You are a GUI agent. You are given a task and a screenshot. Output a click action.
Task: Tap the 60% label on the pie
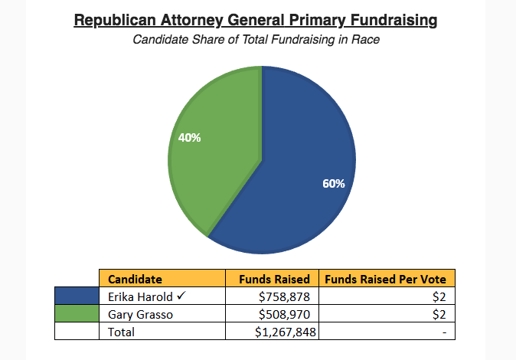[334, 184]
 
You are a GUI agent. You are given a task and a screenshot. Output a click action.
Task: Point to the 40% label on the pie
[189, 138]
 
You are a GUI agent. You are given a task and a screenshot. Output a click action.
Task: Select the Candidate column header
[135, 279]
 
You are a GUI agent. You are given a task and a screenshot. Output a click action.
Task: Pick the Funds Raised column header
[274, 279]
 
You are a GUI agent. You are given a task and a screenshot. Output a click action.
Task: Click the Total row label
[122, 332]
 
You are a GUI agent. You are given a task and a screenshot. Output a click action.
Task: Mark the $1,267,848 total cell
[285, 332]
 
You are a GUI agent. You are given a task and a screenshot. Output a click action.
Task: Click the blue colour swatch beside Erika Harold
[77, 297]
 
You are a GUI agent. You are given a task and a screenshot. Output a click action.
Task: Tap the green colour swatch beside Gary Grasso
[77, 314]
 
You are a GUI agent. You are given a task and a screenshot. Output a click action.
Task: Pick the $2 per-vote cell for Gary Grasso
[439, 314]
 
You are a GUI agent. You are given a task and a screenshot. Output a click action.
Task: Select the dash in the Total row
[443, 332]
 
